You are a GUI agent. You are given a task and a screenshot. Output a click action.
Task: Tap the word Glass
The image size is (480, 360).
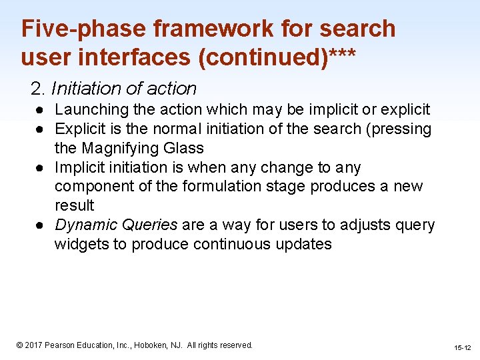point(182,148)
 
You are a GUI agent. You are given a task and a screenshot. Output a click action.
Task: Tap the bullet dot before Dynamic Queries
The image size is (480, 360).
point(41,225)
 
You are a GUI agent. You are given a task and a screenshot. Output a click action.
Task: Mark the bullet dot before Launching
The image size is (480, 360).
point(41,109)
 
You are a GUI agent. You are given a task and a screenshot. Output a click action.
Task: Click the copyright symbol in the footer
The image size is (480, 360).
point(19,345)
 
